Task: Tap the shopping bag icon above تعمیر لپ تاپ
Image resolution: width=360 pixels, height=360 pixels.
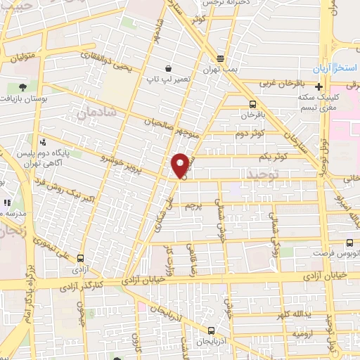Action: [x=168, y=68]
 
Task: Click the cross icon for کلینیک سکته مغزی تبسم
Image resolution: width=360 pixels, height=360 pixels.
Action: [x=320, y=88]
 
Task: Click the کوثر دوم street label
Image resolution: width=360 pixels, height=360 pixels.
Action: [x=250, y=133]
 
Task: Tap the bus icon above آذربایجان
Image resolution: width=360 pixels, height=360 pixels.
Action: [x=211, y=330]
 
